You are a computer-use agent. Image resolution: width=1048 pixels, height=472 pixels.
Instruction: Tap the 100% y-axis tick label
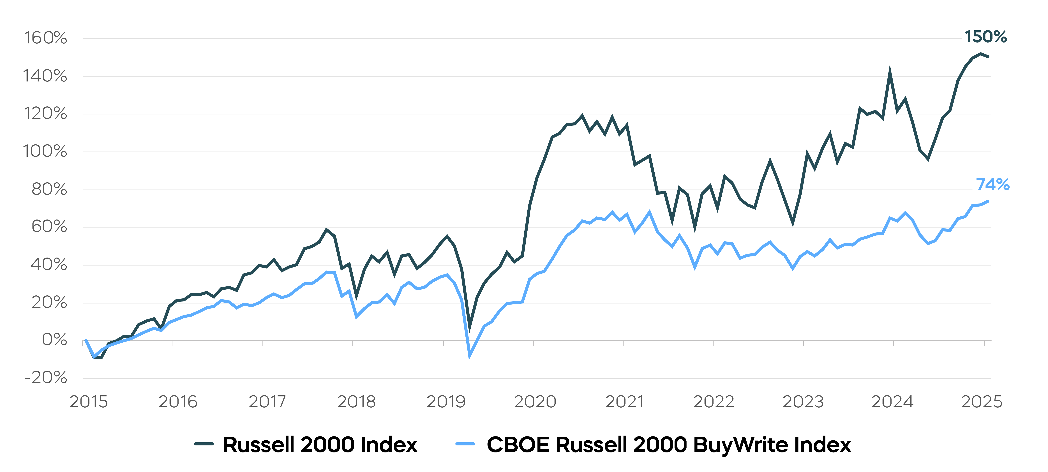[45, 151]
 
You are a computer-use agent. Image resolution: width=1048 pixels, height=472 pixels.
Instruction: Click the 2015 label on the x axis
[89, 402]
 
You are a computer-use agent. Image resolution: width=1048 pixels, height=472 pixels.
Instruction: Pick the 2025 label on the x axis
[981, 402]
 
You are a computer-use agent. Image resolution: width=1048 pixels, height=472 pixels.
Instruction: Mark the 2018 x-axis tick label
[356, 402]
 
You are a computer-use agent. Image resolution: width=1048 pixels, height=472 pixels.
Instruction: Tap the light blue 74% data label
[992, 184]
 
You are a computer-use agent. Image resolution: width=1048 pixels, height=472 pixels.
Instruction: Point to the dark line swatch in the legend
[204, 444]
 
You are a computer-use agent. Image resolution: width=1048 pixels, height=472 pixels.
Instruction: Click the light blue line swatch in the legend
[465, 444]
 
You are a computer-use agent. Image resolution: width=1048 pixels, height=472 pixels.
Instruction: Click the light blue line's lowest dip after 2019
[470, 356]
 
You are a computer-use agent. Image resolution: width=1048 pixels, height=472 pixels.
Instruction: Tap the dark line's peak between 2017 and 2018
[326, 230]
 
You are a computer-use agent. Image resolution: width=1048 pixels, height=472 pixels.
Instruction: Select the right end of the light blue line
[988, 201]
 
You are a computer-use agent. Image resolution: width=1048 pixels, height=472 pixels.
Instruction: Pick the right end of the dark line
[988, 57]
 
